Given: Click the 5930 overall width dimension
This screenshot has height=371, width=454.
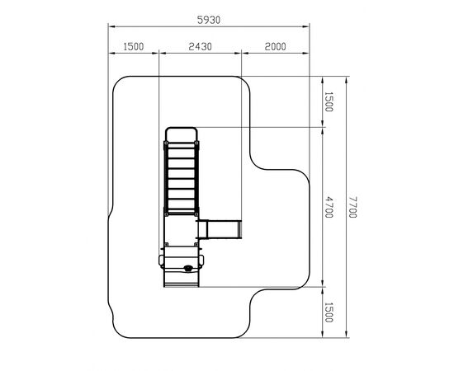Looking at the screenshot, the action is (209, 20).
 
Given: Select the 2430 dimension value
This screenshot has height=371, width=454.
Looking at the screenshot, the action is (200, 46).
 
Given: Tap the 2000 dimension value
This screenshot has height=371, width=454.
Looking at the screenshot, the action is (276, 46).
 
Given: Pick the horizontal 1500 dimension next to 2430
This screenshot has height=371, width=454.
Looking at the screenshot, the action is (134, 46).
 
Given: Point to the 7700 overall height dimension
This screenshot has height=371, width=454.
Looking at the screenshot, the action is (352, 207).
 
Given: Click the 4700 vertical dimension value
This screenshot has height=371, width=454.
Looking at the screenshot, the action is (329, 207).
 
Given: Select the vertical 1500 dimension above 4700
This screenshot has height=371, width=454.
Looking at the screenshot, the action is (329, 101).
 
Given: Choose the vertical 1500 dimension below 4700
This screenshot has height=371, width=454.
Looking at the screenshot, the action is (329, 312).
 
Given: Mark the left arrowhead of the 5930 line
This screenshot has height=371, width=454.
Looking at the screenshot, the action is (112, 26).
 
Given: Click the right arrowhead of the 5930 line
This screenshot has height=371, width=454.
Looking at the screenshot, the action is (305, 26).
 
